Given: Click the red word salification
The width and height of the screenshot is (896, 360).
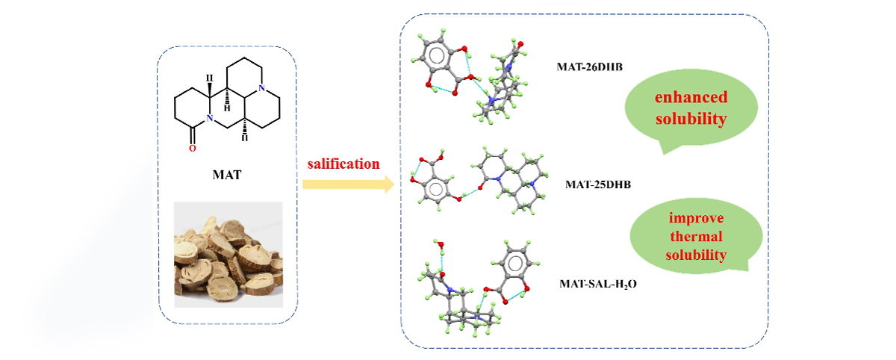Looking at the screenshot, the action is (x=343, y=164).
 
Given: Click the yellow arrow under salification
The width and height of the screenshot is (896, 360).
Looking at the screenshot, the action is (x=349, y=184).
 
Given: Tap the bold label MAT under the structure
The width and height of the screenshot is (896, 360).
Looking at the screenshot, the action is (x=227, y=175).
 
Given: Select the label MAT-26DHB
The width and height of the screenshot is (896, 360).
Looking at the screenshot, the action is (x=590, y=66).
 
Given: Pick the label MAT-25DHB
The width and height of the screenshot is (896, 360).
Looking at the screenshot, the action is (x=598, y=184).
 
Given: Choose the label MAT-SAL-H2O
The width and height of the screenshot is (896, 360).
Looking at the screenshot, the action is (x=598, y=284).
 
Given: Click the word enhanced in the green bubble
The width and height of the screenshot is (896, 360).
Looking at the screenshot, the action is (x=691, y=97).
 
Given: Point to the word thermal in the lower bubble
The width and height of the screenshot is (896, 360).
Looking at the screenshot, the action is (x=696, y=236).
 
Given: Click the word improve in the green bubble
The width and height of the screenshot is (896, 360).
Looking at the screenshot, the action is (x=696, y=218).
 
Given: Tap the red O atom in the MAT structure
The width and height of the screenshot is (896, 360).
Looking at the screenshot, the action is (x=193, y=149).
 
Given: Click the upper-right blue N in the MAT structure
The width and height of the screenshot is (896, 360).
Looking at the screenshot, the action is (x=261, y=88).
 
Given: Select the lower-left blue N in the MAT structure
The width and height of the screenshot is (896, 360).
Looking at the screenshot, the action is (x=209, y=118).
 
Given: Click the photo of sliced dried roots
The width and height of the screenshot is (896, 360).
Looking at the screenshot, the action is (x=228, y=255).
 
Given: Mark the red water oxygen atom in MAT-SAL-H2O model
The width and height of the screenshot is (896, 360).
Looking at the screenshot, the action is (x=440, y=244).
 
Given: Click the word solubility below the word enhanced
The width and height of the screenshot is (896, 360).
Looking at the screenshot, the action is (x=691, y=119).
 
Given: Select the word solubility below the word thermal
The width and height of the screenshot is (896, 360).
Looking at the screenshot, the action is (x=696, y=255).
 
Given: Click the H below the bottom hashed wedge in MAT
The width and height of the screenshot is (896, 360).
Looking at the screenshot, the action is (x=245, y=138).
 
